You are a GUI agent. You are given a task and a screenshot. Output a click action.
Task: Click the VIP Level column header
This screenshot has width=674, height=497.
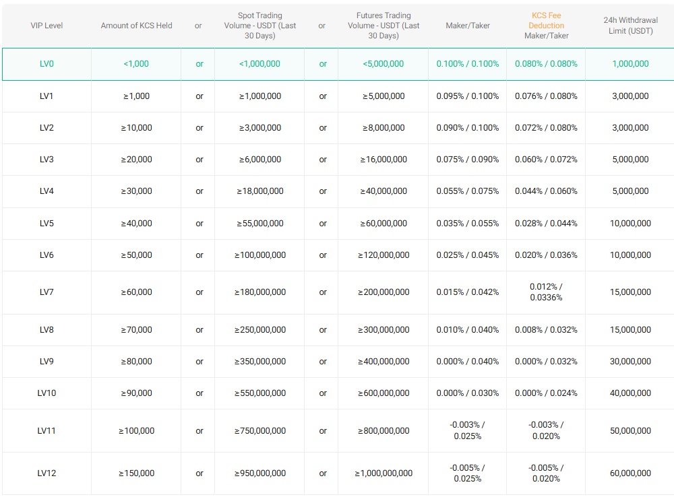tap(47, 26)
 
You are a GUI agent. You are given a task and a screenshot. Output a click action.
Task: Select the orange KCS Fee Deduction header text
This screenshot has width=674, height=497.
tap(546, 20)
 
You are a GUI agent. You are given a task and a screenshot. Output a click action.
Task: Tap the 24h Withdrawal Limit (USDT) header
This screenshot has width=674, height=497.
tap(630, 26)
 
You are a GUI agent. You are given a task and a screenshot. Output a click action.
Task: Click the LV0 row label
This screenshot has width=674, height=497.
tap(47, 64)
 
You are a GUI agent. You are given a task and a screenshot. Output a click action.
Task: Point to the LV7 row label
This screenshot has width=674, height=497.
tap(47, 292)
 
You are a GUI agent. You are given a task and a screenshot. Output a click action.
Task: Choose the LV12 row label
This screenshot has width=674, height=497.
tap(47, 473)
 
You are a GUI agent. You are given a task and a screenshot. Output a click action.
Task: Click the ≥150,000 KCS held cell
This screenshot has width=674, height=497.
tap(136, 473)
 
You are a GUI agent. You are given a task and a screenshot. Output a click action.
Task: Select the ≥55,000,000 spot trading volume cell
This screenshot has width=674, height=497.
tap(259, 224)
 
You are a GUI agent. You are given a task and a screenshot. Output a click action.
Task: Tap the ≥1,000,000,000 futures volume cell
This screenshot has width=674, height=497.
tap(384, 473)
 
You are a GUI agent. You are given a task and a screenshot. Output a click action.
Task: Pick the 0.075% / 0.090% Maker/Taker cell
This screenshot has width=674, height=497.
tap(467, 160)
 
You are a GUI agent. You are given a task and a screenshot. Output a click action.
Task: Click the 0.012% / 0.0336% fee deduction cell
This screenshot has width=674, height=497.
tap(546, 292)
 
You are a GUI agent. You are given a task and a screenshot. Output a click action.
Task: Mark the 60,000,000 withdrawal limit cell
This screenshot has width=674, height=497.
tap(630, 473)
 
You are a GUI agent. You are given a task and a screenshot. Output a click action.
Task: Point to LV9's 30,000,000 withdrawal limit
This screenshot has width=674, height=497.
tap(630, 362)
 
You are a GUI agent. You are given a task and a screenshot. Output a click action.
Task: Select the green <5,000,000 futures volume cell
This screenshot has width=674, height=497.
tap(383, 64)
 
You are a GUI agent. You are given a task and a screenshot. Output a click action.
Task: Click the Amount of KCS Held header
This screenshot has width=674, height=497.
tap(136, 26)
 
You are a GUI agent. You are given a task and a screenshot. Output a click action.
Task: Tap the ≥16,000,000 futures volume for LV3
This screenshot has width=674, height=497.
tap(384, 160)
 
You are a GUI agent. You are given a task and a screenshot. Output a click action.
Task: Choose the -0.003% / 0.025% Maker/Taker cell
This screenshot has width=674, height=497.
tap(467, 430)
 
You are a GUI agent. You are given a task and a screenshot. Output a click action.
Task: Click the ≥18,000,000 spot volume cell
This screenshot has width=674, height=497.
tap(259, 191)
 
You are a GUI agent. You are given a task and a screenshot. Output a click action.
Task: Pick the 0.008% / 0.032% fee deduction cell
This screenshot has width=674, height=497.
tap(546, 330)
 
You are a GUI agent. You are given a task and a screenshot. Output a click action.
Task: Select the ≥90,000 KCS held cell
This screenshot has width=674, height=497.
tap(136, 393)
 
